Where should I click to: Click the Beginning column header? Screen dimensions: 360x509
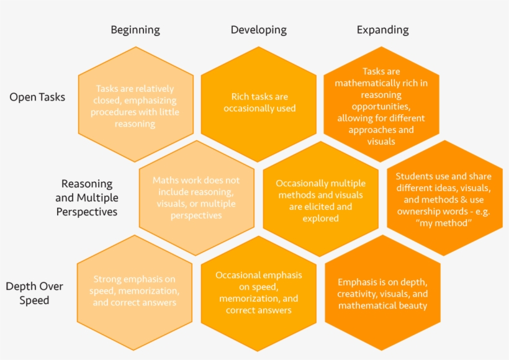(135, 30)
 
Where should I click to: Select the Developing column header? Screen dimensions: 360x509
(259, 30)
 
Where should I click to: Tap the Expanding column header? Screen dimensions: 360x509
(382, 30)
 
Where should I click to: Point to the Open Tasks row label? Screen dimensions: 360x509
(37, 97)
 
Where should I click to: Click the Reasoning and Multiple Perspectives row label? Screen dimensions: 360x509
(87, 197)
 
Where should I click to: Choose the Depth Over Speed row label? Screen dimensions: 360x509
(34, 293)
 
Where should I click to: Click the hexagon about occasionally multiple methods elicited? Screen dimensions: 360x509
(320, 200)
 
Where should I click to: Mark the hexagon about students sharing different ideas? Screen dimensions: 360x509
(444, 199)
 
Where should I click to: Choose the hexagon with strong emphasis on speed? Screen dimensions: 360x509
(135, 292)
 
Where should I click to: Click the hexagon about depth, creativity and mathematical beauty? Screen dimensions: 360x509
(382, 293)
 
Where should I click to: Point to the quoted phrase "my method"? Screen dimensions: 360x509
(444, 223)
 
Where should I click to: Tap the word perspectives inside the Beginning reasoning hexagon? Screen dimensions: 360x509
(196, 215)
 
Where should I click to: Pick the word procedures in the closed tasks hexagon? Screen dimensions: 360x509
(113, 112)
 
